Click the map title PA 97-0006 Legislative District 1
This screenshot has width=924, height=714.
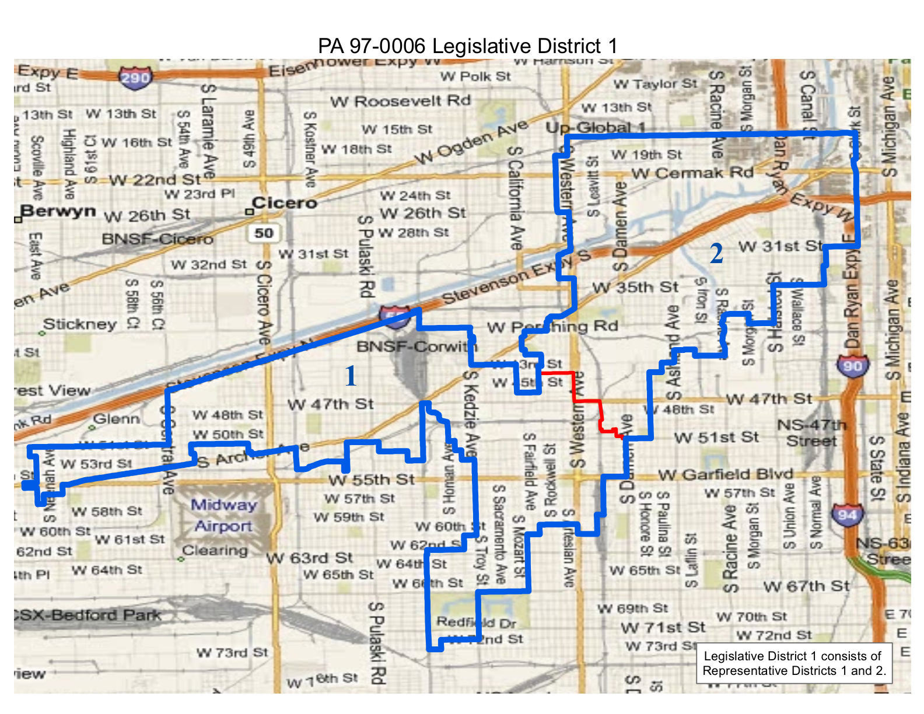pyautogui.click(x=467, y=46)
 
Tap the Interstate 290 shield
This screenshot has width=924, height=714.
pyautogui.click(x=135, y=77)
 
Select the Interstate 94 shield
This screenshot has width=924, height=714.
pyautogui.click(x=847, y=514)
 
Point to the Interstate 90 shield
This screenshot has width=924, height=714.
pyautogui.click(x=852, y=366)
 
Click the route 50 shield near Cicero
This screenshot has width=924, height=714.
pyautogui.click(x=263, y=233)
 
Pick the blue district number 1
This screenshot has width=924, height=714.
pyautogui.click(x=350, y=376)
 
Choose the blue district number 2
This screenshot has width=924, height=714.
pyautogui.click(x=716, y=254)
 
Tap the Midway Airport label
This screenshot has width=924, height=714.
pyautogui.click(x=224, y=516)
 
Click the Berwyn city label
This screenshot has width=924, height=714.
pyautogui.click(x=58, y=211)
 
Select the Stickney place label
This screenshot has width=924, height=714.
pyautogui.click(x=80, y=324)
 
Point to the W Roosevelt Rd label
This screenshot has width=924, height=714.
pyautogui.click(x=400, y=101)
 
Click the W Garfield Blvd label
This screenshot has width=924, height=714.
pyautogui.click(x=726, y=474)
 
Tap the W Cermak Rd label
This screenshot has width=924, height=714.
pyautogui.click(x=692, y=173)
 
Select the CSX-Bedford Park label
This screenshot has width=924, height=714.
pyautogui.click(x=87, y=615)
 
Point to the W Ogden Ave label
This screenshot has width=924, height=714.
pyautogui.click(x=471, y=142)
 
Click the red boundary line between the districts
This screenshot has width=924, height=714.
pyautogui.click(x=587, y=401)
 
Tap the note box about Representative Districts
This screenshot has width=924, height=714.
pyautogui.click(x=794, y=663)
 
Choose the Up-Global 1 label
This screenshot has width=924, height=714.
pyautogui.click(x=596, y=128)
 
